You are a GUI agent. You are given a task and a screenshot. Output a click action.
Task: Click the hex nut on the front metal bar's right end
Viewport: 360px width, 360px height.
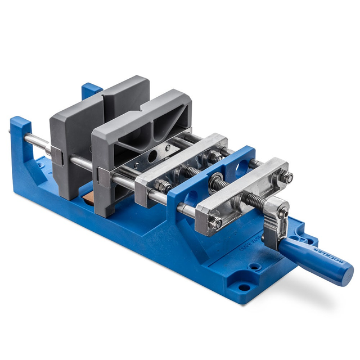pyautogui.click(x=288, y=178)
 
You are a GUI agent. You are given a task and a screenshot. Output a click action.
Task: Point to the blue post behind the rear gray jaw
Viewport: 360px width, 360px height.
pyautogui.click(x=90, y=92)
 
